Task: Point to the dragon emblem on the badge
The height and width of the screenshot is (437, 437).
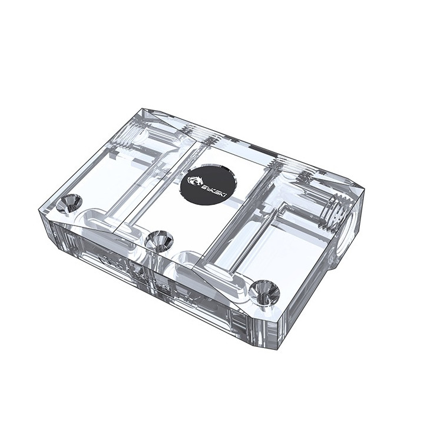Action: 196,178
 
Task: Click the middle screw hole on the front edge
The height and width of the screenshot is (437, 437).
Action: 158,240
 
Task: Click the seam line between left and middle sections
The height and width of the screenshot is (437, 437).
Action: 159,183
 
